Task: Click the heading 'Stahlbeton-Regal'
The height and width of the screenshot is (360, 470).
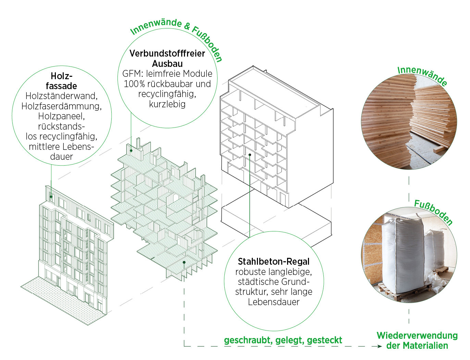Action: (x=273, y=262)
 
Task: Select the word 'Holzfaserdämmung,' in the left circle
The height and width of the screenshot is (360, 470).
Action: (x=62, y=106)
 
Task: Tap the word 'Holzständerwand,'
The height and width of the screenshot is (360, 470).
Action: (x=62, y=96)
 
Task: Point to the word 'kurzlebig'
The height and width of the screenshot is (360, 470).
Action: (x=167, y=104)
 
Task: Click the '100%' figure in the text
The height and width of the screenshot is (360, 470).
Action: (x=134, y=84)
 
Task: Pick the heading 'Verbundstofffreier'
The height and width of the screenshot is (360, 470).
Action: (x=167, y=53)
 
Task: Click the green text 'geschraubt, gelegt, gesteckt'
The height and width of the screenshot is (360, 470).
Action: (x=283, y=340)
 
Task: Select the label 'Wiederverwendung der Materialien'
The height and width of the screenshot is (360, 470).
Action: (x=417, y=340)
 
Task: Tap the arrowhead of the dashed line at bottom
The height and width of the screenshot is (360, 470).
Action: (x=379, y=346)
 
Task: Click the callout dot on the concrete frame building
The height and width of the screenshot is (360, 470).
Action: (x=250, y=155)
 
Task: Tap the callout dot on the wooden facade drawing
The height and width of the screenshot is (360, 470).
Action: (x=51, y=196)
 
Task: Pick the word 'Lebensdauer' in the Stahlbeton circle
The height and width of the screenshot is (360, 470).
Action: (x=273, y=302)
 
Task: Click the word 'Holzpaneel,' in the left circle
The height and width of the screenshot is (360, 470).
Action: (x=62, y=116)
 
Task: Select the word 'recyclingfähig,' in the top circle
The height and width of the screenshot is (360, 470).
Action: (x=167, y=94)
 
